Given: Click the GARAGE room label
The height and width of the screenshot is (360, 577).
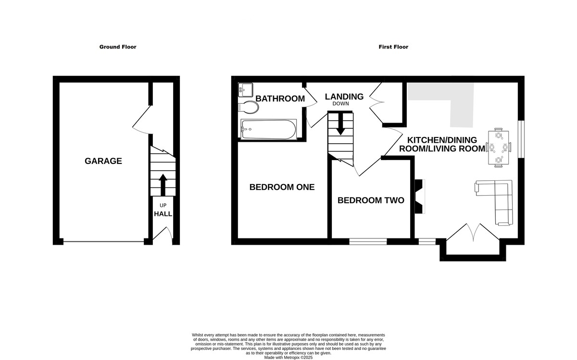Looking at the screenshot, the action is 103,161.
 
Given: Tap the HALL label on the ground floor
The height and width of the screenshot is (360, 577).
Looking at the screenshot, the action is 163,214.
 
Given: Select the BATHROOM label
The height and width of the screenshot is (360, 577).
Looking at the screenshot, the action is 280,99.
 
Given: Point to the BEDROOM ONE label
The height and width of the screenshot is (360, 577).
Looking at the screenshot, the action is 282,187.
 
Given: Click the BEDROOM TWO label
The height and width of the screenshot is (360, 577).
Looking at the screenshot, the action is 371,200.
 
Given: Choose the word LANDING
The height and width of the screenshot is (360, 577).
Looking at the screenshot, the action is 344,97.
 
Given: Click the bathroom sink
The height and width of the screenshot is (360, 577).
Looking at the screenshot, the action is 246,89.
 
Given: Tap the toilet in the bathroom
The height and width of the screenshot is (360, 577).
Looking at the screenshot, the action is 248,107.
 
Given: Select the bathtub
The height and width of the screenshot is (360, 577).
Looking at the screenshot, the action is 268,129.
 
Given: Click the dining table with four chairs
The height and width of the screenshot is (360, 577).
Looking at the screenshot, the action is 499,148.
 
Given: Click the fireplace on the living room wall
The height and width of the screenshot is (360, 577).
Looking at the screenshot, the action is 420,196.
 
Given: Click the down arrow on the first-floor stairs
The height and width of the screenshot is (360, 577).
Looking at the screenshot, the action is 340,124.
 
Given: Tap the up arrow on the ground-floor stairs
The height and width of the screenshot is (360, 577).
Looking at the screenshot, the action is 163,185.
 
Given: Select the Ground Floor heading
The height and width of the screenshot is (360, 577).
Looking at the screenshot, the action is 118,47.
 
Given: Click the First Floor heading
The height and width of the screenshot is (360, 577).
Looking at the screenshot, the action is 393,47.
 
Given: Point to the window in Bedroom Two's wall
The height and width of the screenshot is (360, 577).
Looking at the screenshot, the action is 368,242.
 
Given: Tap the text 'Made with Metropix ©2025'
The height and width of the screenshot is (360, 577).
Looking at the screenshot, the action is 288,358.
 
